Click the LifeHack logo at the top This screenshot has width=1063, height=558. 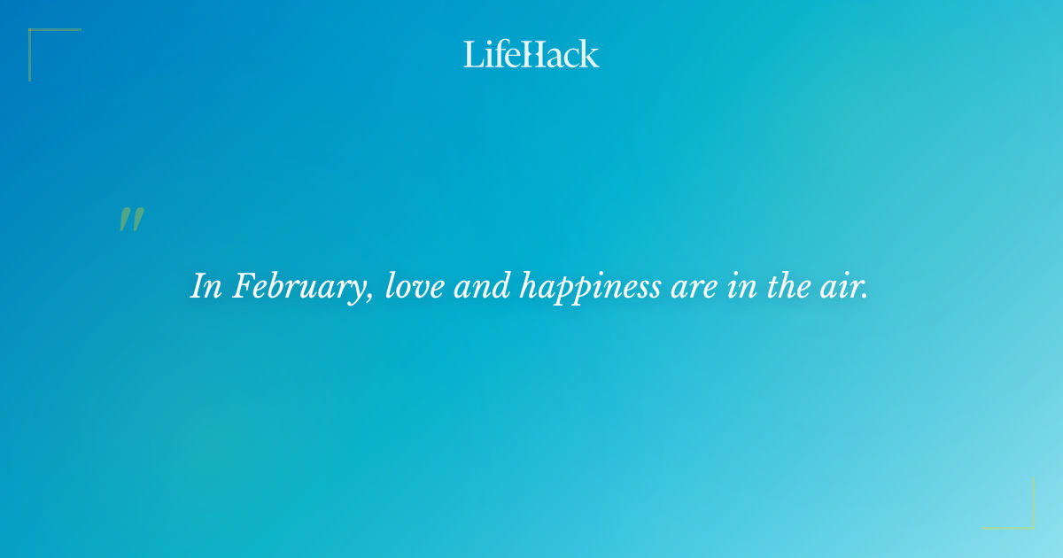click(531, 54)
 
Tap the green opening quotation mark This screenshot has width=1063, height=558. click(131, 220)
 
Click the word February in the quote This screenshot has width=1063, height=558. click(301, 287)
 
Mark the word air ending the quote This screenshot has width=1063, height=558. click(844, 287)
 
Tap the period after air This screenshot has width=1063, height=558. click(865, 296)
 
